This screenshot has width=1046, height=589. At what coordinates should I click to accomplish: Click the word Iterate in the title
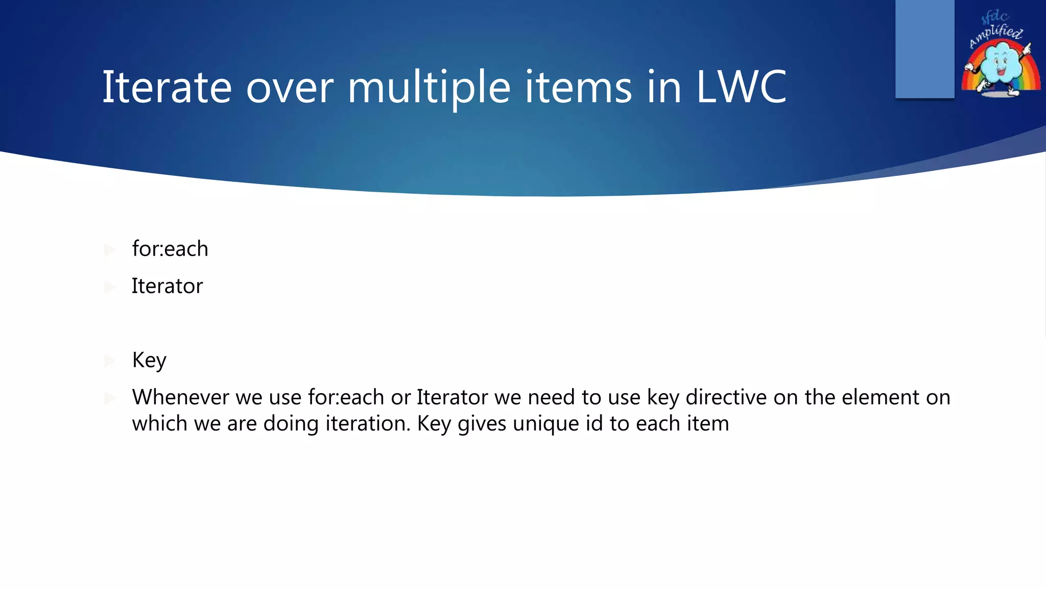(x=167, y=87)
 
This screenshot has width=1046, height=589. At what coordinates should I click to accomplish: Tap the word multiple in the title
(x=429, y=87)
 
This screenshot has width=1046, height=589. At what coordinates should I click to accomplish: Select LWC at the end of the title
(x=741, y=87)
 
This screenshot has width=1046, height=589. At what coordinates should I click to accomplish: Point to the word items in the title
(x=578, y=87)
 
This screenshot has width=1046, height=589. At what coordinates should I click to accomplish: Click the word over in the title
(x=290, y=87)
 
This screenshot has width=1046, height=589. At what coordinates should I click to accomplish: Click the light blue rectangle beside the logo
(x=924, y=49)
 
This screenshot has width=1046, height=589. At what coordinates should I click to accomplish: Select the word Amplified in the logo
(x=996, y=35)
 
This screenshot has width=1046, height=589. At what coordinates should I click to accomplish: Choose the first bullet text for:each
(x=170, y=249)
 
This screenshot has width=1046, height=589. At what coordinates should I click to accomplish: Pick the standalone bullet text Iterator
(x=167, y=286)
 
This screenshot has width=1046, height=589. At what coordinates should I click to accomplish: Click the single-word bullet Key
(x=149, y=360)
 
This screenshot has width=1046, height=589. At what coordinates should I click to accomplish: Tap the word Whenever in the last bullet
(x=180, y=397)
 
